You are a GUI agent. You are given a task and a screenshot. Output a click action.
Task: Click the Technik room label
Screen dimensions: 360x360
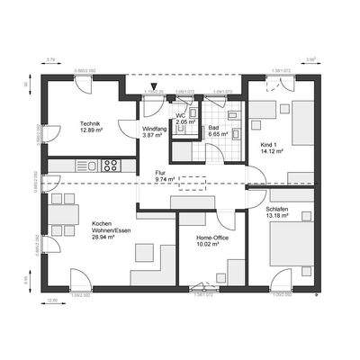click(x=89, y=123)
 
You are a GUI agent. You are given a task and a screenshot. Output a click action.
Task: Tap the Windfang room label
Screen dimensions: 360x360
click(x=156, y=129)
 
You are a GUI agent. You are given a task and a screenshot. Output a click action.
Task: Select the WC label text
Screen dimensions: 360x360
click(x=180, y=115)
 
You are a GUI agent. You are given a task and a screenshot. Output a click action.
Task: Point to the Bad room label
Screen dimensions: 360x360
click(x=213, y=129)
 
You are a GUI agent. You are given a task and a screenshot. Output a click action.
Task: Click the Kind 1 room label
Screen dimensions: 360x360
click(x=269, y=144)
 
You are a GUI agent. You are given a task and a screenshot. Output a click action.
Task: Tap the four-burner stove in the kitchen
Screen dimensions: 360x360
click(x=110, y=165)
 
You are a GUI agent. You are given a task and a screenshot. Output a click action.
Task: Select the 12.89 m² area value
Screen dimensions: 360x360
click(x=91, y=131)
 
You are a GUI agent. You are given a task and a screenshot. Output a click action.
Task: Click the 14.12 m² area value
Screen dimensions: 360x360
click(x=271, y=152)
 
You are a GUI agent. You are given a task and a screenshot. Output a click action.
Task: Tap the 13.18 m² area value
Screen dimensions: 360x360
click(x=277, y=216)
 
